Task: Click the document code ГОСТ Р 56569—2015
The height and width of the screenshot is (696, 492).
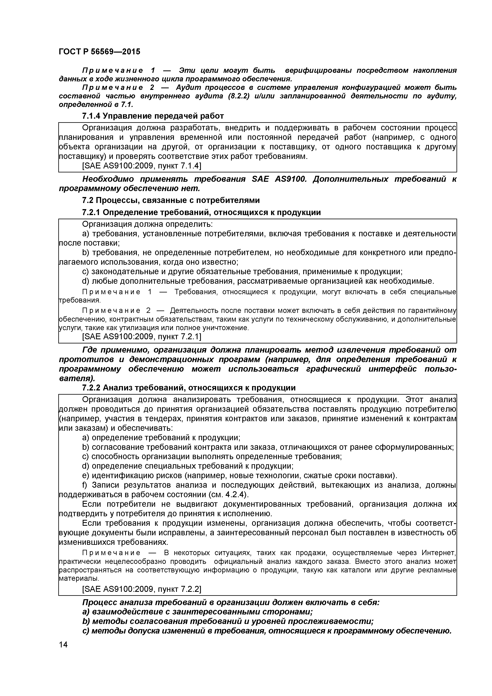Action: (x=99, y=52)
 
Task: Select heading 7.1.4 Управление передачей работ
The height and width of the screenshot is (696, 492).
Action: (x=153, y=116)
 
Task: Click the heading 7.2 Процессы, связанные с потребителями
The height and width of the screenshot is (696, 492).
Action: (x=171, y=200)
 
